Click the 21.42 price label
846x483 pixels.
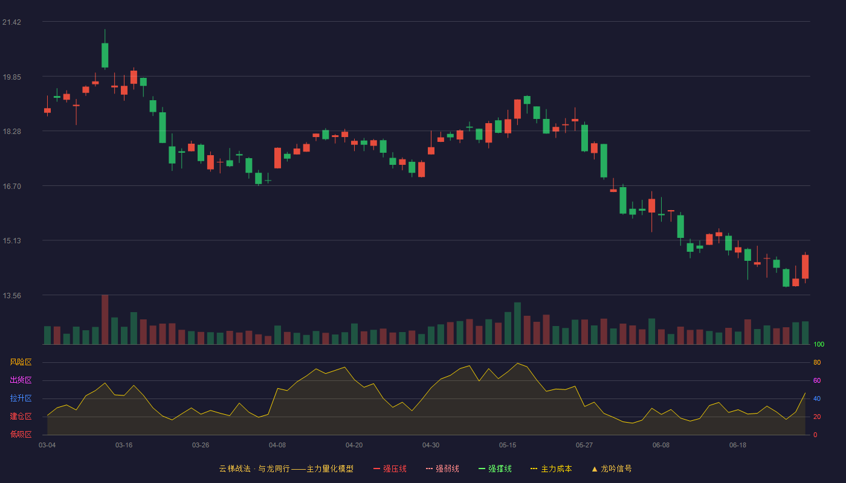coord(11,22)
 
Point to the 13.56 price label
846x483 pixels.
coord(11,295)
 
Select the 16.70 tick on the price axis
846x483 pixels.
coord(11,187)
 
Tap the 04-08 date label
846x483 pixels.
coord(277,446)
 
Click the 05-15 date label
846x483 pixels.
coord(508,446)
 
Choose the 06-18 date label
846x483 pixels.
coord(738,446)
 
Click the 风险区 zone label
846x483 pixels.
coord(21,362)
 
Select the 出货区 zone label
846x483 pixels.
coord(21,380)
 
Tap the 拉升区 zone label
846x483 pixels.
coord(21,398)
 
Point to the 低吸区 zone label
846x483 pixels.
coord(21,434)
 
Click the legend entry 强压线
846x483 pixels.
coord(390,469)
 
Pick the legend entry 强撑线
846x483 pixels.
coord(495,469)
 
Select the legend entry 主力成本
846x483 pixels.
coord(551,469)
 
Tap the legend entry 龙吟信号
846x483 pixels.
coord(612,469)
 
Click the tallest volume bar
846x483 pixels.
coord(105,319)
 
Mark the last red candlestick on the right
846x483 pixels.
coord(805,267)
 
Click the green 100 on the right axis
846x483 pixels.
coord(819,344)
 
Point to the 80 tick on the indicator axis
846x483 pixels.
coord(817,362)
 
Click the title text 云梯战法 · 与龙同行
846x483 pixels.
coord(254,469)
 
